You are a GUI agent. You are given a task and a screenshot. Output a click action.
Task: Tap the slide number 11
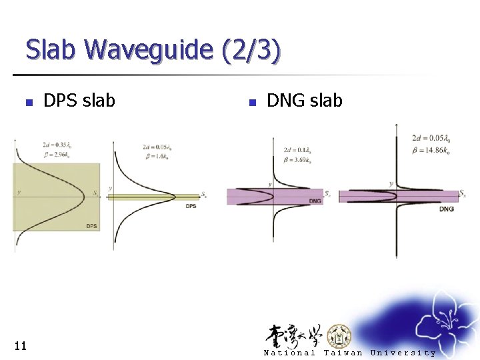(x=20, y=345)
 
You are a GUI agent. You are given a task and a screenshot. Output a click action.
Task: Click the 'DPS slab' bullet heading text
(x=79, y=101)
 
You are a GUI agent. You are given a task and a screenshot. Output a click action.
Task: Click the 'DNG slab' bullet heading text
(x=304, y=101)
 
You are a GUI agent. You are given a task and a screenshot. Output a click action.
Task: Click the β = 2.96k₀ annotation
(x=58, y=153)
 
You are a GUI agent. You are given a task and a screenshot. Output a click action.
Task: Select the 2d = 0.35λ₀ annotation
(x=57, y=145)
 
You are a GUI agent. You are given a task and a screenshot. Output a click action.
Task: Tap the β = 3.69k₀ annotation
(x=298, y=160)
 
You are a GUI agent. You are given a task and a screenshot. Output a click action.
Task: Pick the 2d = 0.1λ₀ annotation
(x=297, y=150)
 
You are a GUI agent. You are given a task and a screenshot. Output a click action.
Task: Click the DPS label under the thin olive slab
(x=191, y=206)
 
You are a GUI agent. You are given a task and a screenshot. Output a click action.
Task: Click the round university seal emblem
(x=341, y=335)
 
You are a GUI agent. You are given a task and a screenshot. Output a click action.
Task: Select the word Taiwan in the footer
(x=343, y=353)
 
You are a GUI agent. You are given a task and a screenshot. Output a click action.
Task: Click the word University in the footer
(x=403, y=353)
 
